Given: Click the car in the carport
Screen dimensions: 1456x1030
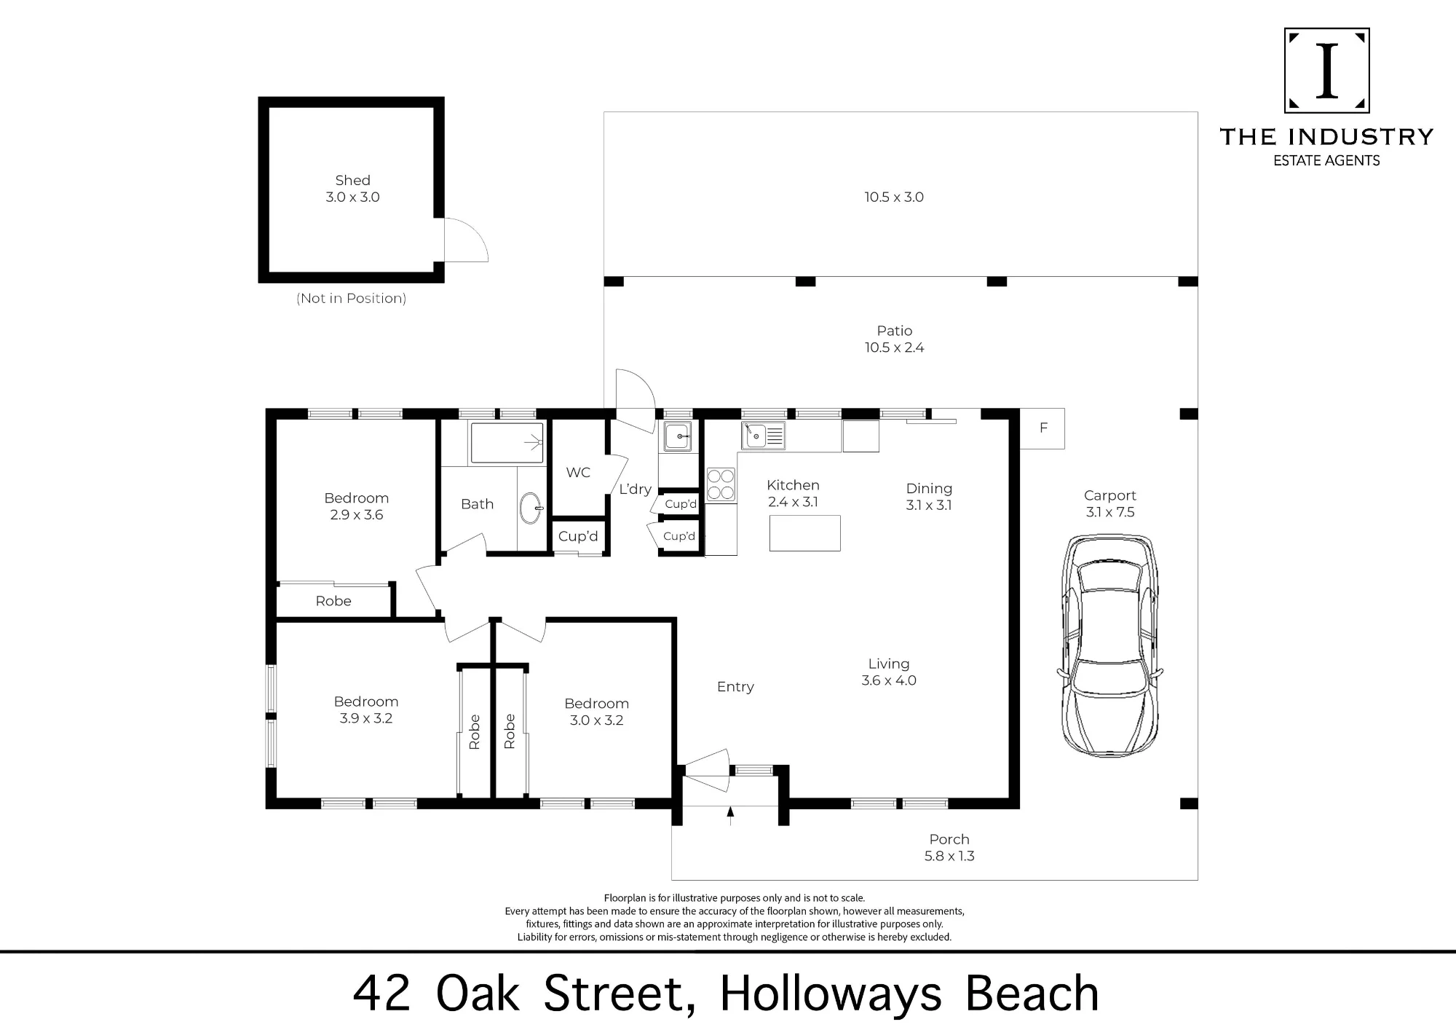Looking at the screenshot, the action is pyautogui.click(x=1109, y=646).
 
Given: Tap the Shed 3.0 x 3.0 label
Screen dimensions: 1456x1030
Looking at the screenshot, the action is pyautogui.click(x=352, y=189).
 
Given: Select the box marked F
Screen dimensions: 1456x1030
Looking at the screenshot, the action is pyautogui.click(x=1042, y=428).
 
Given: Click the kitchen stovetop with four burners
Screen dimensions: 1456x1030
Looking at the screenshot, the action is pyautogui.click(x=721, y=484).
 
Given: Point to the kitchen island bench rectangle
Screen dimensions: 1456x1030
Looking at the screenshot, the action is pyautogui.click(x=804, y=533).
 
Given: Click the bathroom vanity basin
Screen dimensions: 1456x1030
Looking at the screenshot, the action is pyautogui.click(x=531, y=508).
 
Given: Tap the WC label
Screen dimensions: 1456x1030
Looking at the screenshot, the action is pyautogui.click(x=578, y=473).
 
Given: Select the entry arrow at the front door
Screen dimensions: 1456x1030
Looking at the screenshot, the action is pyautogui.click(x=730, y=816).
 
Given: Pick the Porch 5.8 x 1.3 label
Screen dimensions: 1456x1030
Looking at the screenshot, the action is pyautogui.click(x=949, y=848).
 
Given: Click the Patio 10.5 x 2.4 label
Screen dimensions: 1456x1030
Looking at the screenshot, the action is pyautogui.click(x=894, y=339).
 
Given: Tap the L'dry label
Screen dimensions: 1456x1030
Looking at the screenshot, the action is pyautogui.click(x=635, y=490).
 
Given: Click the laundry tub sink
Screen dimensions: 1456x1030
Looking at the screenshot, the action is pyautogui.click(x=678, y=437).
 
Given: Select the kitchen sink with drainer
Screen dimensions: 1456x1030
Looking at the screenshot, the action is pyautogui.click(x=763, y=436).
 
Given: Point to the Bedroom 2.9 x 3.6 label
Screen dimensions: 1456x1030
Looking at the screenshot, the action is pyautogui.click(x=356, y=506).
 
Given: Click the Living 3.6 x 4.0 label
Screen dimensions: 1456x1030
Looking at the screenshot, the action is pyautogui.click(x=889, y=672).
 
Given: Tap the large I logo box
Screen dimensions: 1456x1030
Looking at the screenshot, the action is pyautogui.click(x=1327, y=71).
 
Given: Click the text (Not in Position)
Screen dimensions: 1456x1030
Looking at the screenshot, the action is pyautogui.click(x=351, y=299).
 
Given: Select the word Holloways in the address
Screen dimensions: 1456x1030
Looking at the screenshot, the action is pyautogui.click(x=831, y=994).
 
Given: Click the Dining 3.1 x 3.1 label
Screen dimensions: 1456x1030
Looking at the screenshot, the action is pyautogui.click(x=929, y=497).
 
